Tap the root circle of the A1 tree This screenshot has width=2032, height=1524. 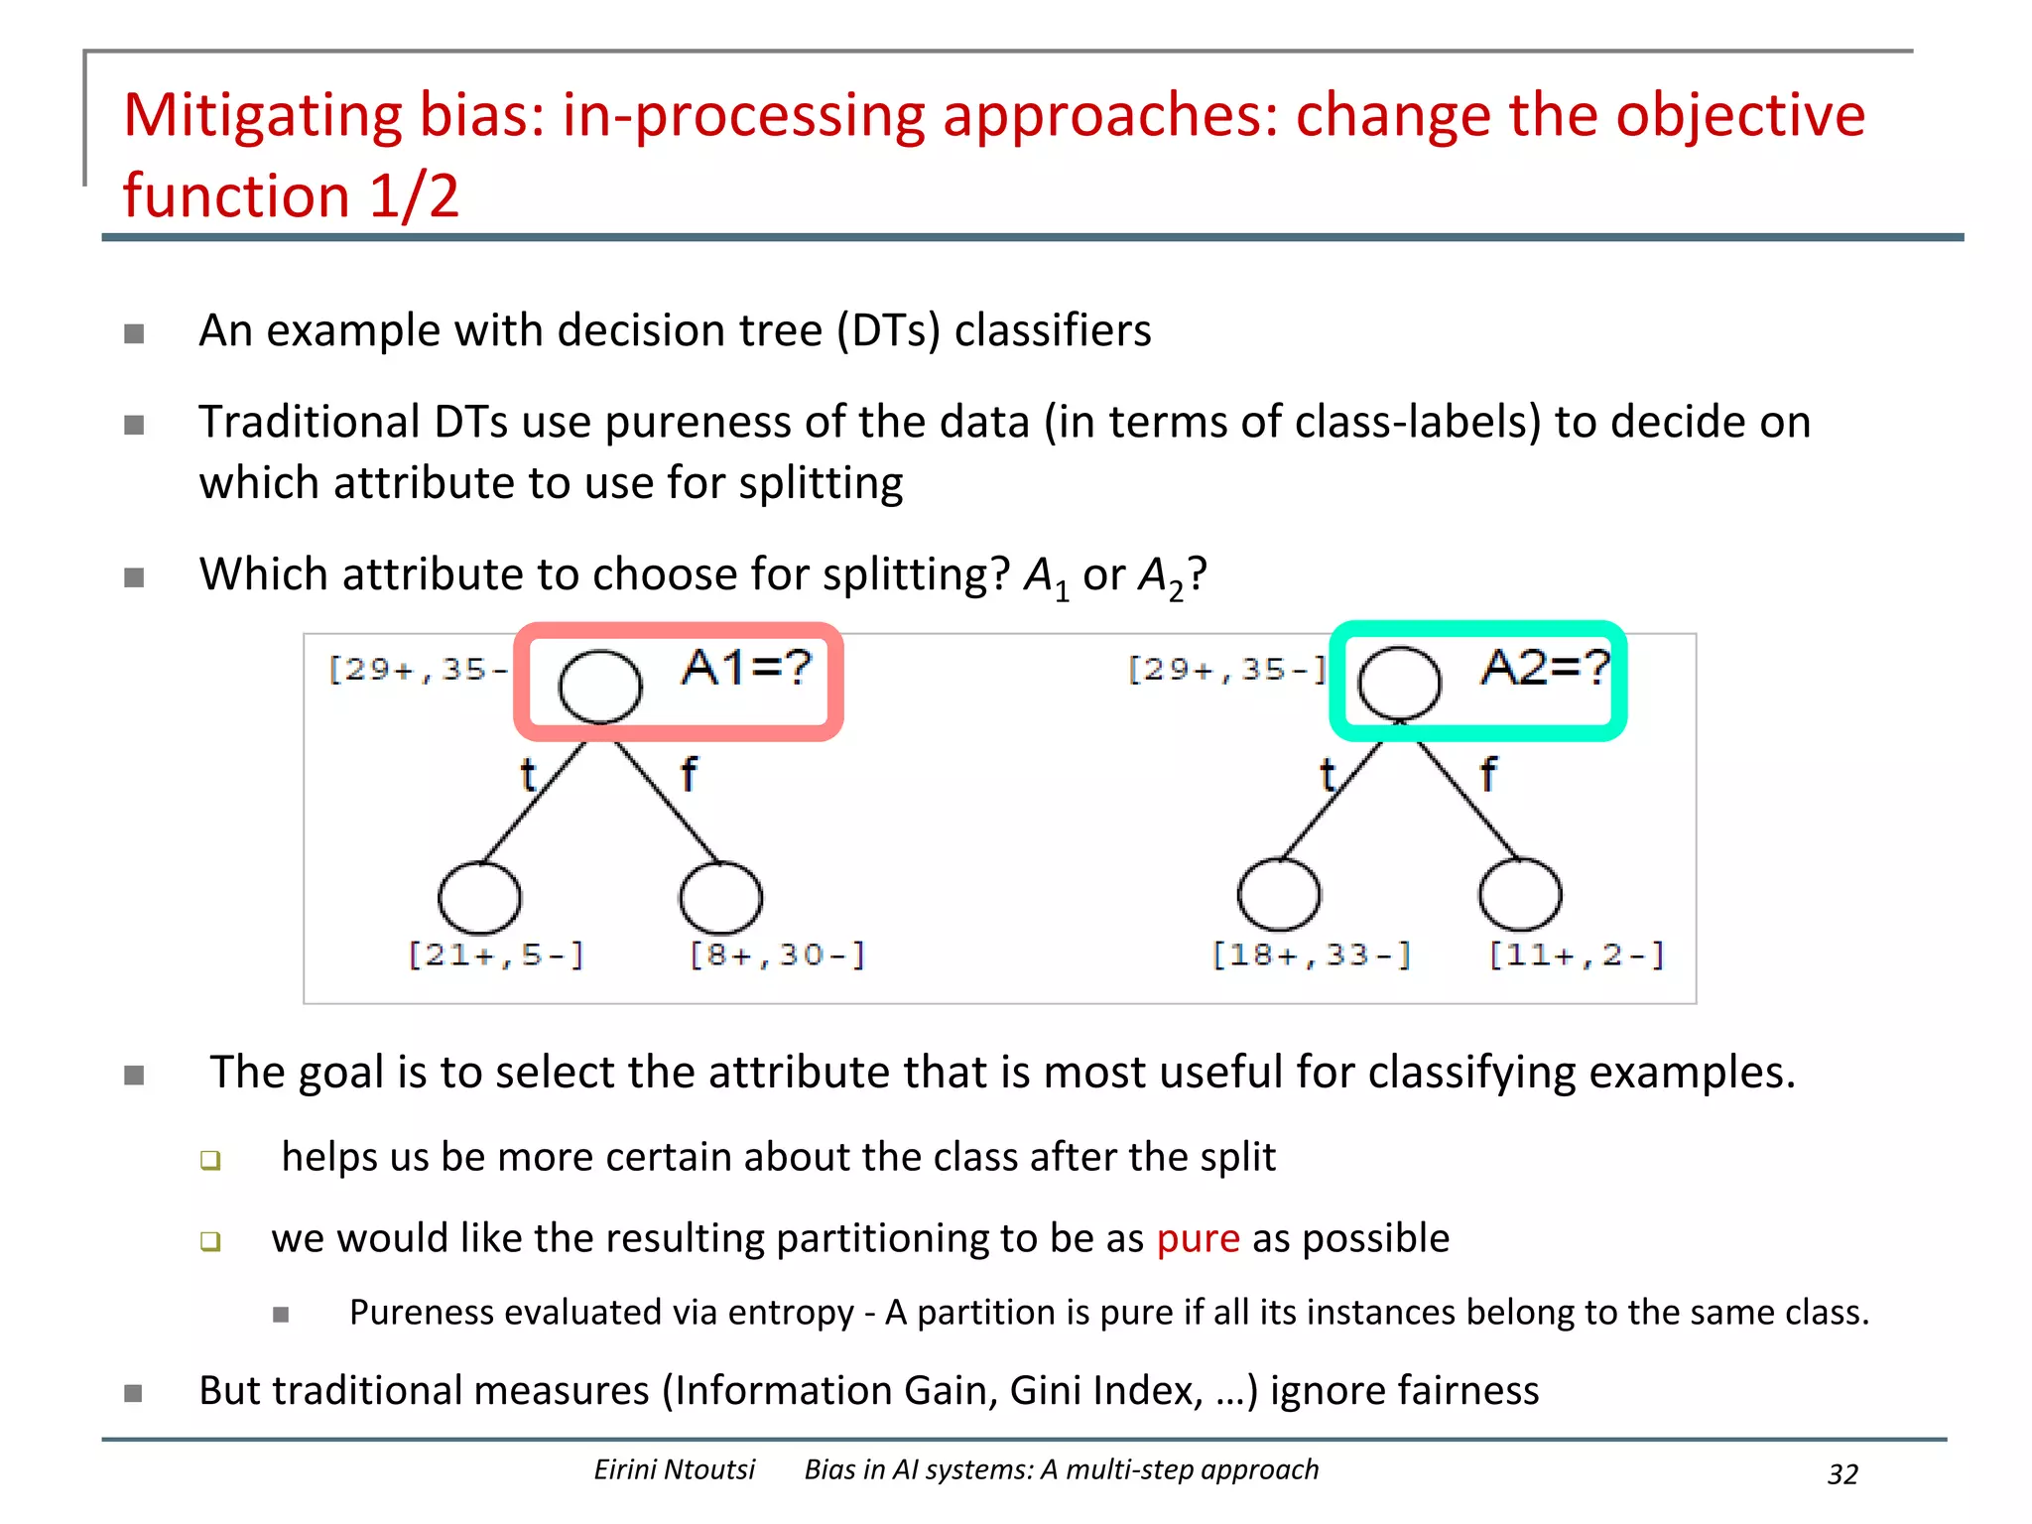(599, 686)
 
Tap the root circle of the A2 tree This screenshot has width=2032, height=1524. (1399, 684)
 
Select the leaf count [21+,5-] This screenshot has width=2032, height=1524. (496, 954)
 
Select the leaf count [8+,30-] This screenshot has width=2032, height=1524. (778, 954)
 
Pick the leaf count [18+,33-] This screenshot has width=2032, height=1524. (1312, 954)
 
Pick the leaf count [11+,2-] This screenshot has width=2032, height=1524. (1577, 954)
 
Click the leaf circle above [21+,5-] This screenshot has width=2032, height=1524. (479, 898)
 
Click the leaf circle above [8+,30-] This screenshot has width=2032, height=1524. (721, 898)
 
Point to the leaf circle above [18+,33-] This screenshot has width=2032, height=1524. (1279, 895)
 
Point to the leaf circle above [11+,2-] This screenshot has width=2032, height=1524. (1520, 895)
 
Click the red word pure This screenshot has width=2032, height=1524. (1198, 1238)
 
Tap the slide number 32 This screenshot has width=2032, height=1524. (1842, 1474)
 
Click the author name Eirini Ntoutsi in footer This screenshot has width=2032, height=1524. (675, 1469)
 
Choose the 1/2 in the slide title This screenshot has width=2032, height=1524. (414, 195)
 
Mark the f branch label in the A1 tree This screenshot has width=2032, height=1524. (689, 774)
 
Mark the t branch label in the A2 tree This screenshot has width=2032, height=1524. (1328, 774)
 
